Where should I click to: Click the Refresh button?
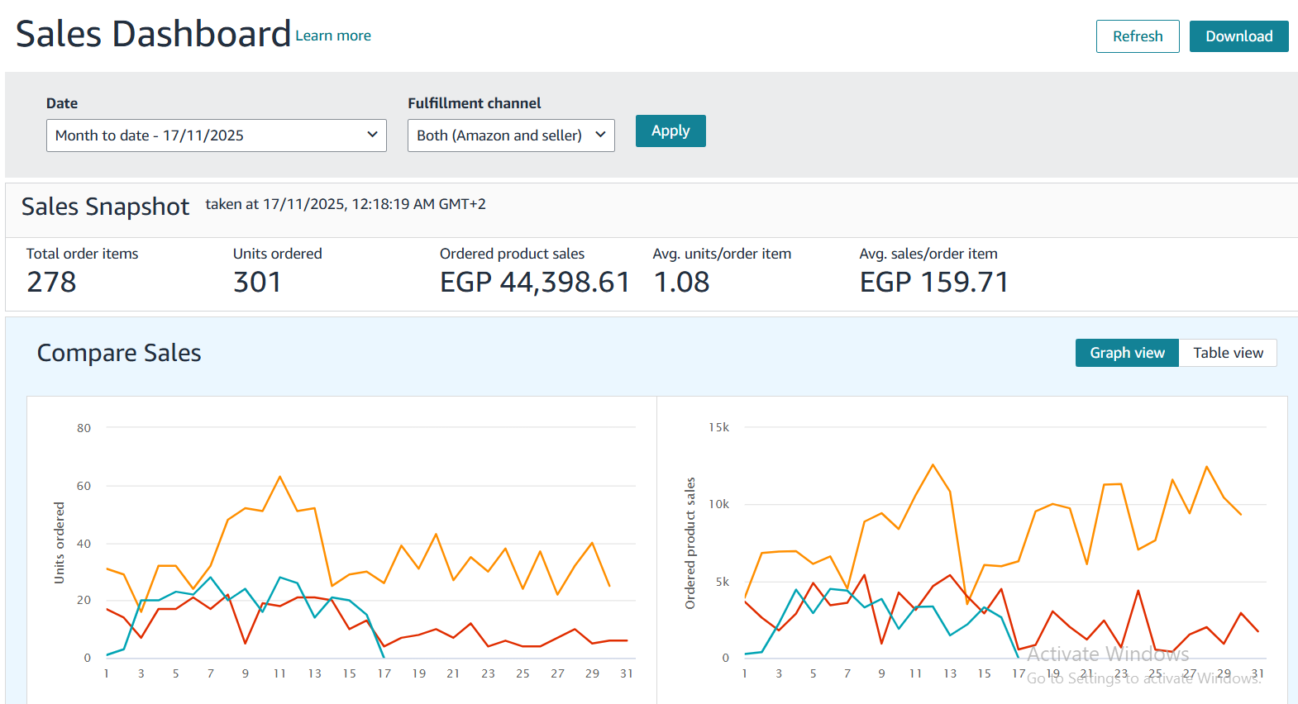1137,36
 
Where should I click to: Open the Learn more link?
333,36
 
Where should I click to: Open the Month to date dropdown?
216,136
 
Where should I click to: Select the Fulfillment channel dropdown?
510,136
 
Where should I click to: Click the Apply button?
670,131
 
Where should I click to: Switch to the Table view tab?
1228,353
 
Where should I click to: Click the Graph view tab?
1127,353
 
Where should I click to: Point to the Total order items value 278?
51,283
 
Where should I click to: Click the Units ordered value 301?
257,283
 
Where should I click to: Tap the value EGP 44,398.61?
534,283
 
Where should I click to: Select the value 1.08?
681,283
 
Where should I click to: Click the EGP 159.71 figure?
933,283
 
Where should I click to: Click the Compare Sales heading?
119,353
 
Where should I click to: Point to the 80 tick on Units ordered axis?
84,428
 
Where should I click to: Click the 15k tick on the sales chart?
718,427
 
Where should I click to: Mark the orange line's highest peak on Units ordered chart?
280,477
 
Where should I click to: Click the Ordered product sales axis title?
690,543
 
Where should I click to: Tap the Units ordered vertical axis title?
59,543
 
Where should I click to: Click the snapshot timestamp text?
346,204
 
